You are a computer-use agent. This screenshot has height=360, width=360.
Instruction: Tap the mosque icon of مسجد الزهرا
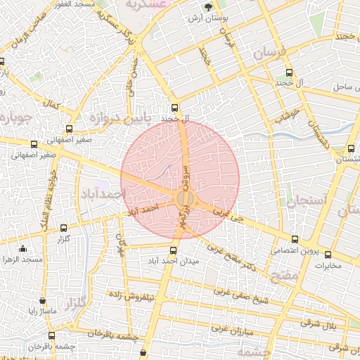[22, 248]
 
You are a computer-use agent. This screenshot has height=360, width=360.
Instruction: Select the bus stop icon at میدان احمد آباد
[174, 250]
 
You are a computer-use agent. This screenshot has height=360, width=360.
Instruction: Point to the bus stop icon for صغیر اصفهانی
[69, 129]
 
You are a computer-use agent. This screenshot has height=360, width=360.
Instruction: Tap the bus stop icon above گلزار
[64, 228]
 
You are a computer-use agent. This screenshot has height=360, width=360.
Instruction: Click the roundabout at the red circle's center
[185, 198]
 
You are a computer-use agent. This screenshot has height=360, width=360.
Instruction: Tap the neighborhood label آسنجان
[306, 202]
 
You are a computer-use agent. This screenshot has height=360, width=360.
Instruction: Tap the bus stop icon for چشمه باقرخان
[51, 335]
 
